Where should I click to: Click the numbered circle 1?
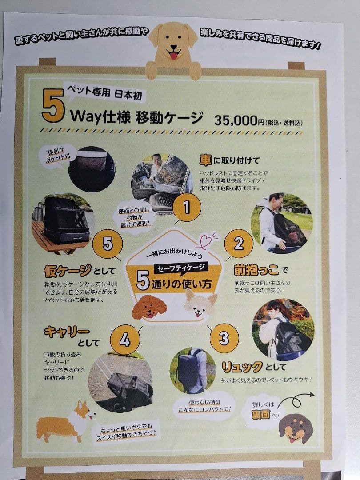point(187,207)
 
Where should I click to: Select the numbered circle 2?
point(239,244)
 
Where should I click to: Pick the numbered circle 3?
point(224,338)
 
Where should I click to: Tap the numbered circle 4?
point(125,340)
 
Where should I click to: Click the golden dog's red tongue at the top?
point(173,56)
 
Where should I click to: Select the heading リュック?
point(242,368)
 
